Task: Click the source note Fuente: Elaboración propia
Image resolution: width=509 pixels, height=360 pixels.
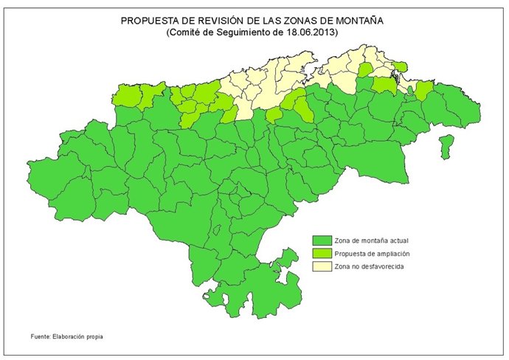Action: coord(67,336)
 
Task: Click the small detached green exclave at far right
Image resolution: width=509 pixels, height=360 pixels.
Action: coord(446,145)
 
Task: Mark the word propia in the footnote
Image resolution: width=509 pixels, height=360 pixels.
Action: coord(94,336)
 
